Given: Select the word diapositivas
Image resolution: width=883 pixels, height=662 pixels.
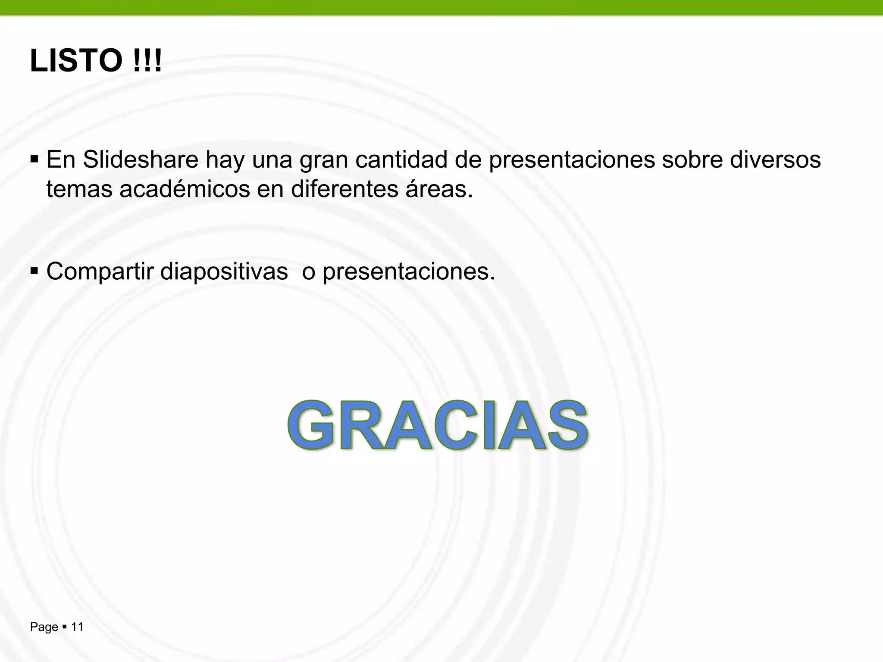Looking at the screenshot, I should [x=224, y=272].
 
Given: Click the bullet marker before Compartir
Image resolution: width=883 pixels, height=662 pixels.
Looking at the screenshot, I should [x=34, y=272].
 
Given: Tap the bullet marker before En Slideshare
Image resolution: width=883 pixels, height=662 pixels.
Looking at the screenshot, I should [x=34, y=159].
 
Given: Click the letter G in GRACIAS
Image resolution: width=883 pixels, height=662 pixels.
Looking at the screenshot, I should [x=311, y=426].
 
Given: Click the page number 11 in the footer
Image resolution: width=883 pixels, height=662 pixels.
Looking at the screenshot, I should [x=77, y=627].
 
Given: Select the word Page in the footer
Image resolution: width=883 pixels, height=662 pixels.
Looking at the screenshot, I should [x=44, y=628].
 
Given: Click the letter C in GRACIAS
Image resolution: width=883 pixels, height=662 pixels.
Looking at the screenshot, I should [x=453, y=426].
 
